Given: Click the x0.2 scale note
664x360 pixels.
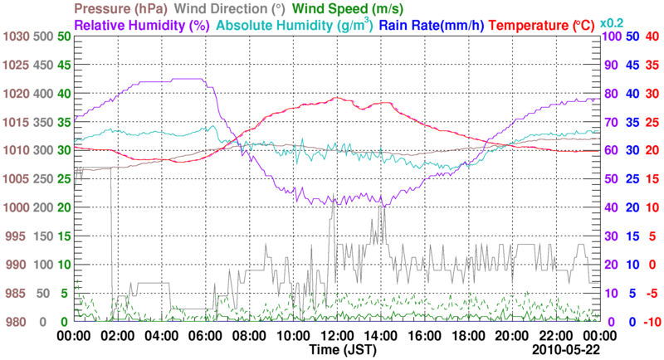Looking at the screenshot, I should (613, 24).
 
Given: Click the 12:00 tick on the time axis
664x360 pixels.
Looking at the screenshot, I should (336, 336).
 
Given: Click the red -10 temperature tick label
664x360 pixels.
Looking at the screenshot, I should (651, 322).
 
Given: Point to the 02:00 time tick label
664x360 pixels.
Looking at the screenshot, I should (118, 336).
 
